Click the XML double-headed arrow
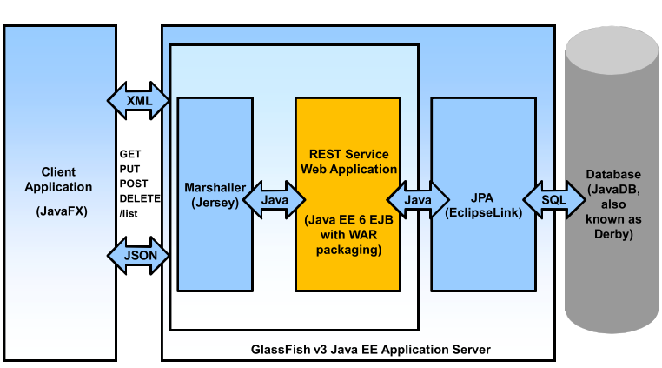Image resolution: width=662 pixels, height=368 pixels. pyautogui.click(x=139, y=101)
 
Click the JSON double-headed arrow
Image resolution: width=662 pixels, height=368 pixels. pyautogui.click(x=139, y=255)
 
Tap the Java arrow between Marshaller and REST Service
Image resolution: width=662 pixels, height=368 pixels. pyautogui.click(x=275, y=200)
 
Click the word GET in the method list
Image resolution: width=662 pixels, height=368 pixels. pyautogui.click(x=129, y=154)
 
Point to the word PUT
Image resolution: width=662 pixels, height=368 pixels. pyautogui.click(x=129, y=169)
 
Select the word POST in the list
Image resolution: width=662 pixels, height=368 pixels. pyautogui.click(x=133, y=184)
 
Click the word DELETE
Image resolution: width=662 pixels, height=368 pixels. pyautogui.click(x=140, y=198)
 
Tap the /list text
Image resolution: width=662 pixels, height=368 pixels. pyautogui.click(x=129, y=213)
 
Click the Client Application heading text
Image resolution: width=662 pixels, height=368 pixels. pyautogui.click(x=58, y=179)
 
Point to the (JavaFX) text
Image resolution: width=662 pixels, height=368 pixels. pyautogui.click(x=58, y=211)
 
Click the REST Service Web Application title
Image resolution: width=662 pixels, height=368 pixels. pyautogui.click(x=348, y=161)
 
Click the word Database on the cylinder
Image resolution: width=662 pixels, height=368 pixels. pyautogui.click(x=613, y=175)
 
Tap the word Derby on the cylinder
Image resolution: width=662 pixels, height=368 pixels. pyautogui.click(x=613, y=235)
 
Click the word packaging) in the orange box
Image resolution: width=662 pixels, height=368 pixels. pyautogui.click(x=348, y=251)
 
